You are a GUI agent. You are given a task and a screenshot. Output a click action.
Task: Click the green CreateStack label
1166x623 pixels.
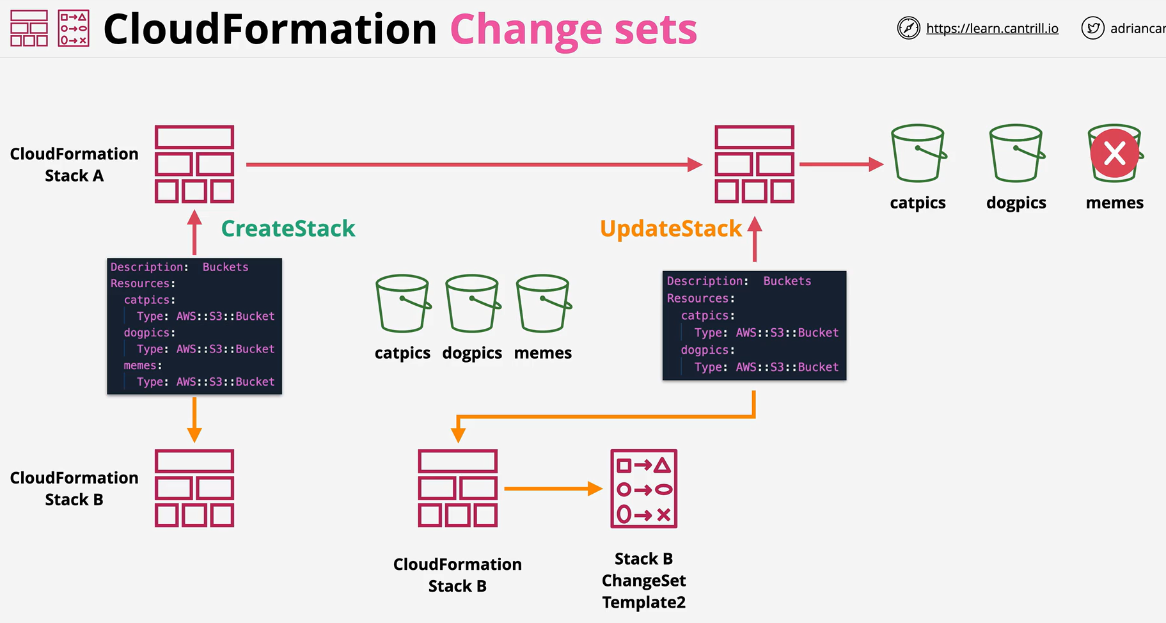288,228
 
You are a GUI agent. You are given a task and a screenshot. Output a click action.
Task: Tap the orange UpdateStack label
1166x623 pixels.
670,228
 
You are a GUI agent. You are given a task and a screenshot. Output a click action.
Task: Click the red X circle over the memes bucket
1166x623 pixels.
1115,154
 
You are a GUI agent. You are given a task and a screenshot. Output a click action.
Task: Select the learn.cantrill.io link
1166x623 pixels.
992,28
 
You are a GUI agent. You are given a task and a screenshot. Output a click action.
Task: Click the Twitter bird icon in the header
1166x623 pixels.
1092,28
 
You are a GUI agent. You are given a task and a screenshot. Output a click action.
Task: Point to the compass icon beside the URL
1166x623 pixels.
908,28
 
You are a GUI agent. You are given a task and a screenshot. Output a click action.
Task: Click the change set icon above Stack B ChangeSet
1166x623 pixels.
643,489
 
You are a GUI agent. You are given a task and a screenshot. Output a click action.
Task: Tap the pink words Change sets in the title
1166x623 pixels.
573,29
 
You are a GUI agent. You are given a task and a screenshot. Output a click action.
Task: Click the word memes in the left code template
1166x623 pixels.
140,365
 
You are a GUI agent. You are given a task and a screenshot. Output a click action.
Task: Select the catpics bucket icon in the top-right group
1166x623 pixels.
918,154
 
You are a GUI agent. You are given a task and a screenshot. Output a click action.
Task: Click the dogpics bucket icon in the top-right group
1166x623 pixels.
1016,154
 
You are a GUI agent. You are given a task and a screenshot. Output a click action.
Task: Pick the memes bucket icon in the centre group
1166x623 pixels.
544,304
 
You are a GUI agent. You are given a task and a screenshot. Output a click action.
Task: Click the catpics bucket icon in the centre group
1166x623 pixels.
403,304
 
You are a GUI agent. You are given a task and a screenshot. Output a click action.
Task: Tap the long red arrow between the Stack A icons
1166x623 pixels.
474,164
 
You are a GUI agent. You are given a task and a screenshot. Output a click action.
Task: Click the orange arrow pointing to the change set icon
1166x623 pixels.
553,489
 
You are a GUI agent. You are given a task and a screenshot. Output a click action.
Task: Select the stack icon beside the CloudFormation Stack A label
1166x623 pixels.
194,164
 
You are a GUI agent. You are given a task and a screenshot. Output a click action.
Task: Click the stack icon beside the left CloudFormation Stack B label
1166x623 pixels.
194,488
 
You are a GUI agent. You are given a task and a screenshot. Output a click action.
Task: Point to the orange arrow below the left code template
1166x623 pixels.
194,420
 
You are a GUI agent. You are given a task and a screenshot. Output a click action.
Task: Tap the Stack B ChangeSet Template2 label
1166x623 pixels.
643,580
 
